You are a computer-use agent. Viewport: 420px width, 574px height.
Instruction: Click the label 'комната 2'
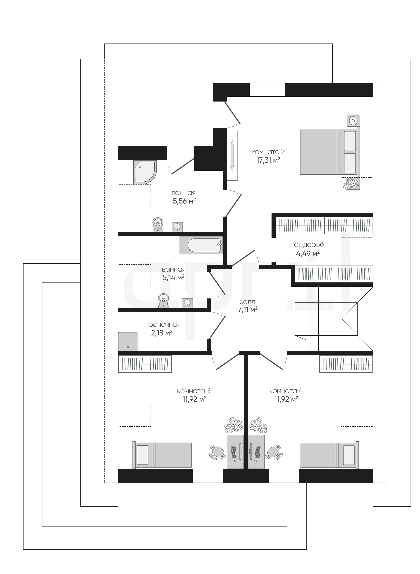tap(268, 152)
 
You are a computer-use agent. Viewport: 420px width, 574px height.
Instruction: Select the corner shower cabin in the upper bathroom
tap(145, 172)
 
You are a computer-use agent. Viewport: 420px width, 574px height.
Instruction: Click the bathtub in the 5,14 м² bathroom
tap(201, 245)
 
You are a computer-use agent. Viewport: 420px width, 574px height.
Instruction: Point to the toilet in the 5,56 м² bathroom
tap(158, 225)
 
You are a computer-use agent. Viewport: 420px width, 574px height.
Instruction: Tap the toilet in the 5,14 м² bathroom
tap(163, 301)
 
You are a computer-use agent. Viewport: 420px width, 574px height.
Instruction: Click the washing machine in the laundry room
tap(128, 342)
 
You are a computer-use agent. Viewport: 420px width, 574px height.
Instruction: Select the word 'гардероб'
tap(308, 245)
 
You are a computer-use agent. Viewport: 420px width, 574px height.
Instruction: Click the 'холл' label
tap(247, 302)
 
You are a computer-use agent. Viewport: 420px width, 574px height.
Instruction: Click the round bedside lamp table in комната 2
tap(353, 120)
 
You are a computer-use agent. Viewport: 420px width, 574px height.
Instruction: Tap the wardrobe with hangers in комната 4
tap(346, 364)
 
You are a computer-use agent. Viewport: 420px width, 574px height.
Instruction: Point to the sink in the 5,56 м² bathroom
tap(177, 227)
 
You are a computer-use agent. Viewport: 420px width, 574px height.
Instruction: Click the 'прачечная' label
tap(163, 325)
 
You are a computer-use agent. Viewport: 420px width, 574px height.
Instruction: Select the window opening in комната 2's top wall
tap(268, 90)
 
